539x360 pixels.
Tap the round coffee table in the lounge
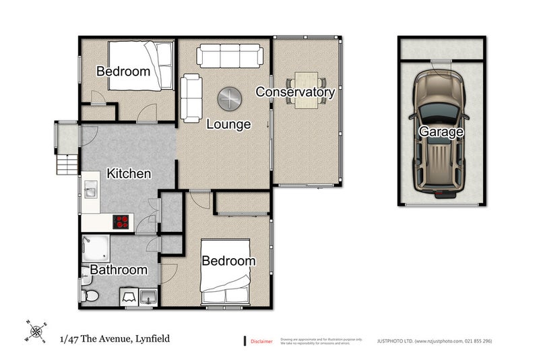click(x=229, y=99)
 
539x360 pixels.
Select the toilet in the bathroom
click(x=90, y=295)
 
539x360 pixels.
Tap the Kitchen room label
click(x=129, y=173)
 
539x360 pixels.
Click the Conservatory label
click(x=295, y=92)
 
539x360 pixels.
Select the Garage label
click(x=441, y=132)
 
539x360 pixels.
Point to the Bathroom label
click(x=119, y=270)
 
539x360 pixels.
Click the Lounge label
click(x=228, y=124)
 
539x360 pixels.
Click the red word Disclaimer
click(x=261, y=341)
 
